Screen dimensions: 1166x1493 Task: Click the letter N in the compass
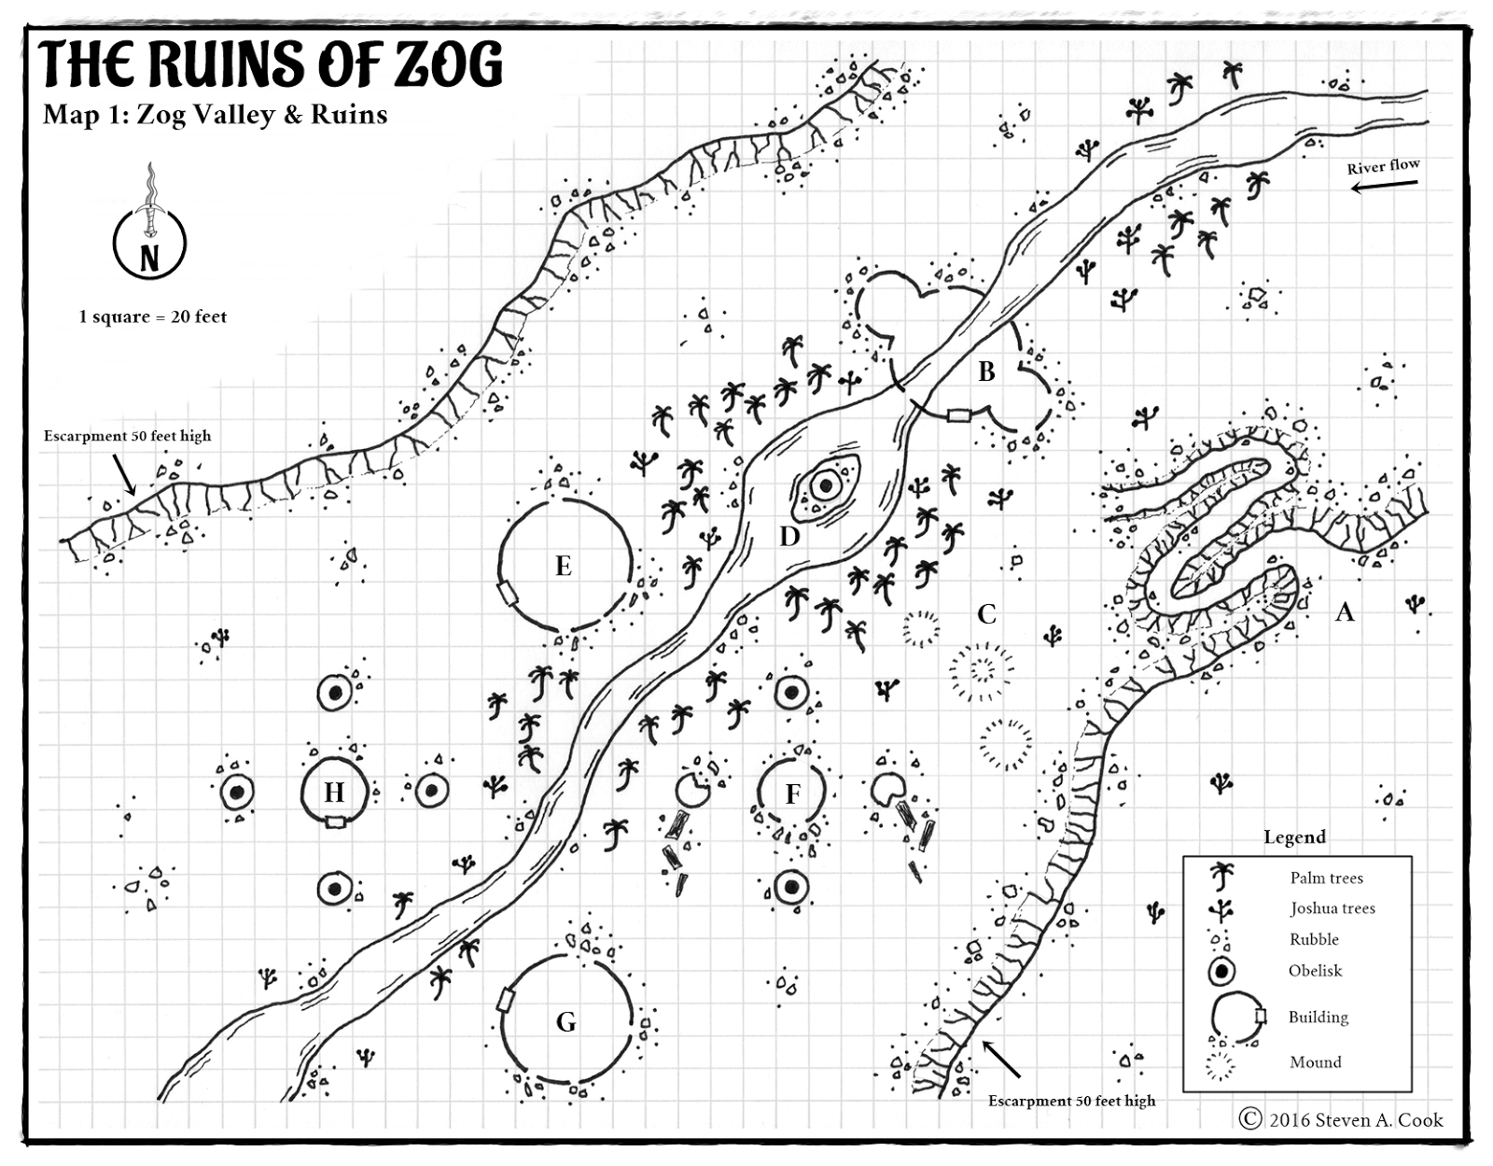[x=149, y=258]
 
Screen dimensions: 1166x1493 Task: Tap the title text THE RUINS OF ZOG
[x=272, y=65]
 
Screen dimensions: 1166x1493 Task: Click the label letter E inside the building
[x=563, y=567]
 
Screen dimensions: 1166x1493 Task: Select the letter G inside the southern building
[x=565, y=1022]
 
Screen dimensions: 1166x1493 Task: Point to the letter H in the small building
[x=334, y=793]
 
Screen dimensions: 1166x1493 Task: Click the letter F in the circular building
[x=792, y=794]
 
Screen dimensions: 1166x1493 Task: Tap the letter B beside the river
[x=986, y=372]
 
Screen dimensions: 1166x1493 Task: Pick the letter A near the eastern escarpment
[x=1344, y=611]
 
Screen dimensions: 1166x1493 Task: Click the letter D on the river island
[x=789, y=536]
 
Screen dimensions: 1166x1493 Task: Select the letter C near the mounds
[x=986, y=613]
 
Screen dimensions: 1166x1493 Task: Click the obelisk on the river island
[x=825, y=485]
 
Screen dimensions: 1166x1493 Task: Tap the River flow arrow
[x=1385, y=186]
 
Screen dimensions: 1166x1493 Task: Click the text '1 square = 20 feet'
[x=153, y=316]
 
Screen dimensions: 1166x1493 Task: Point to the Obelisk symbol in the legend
[x=1221, y=971]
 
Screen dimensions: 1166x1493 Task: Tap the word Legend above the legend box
[x=1294, y=837]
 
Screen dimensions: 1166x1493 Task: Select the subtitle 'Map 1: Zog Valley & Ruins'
[x=215, y=115]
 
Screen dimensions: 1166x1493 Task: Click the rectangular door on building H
[x=334, y=822]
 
